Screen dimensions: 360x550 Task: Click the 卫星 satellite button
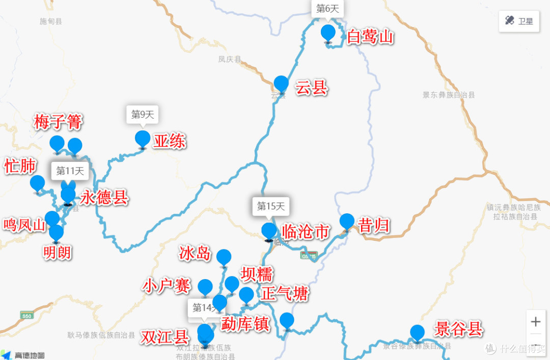[x=519, y=21]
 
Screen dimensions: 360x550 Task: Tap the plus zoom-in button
[x=535, y=322]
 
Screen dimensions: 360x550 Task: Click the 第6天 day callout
[x=327, y=9]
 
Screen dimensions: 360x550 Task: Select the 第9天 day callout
[x=142, y=114]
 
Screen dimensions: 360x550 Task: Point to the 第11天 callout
[x=70, y=171]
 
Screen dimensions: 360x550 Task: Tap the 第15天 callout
[x=270, y=206]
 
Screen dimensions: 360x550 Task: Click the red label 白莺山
[x=370, y=37]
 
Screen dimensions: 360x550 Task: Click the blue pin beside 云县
[x=281, y=83]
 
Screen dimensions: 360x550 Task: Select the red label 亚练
[x=170, y=141]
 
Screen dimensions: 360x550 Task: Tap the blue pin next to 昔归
[x=347, y=221]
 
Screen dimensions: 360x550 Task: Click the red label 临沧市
[x=305, y=232]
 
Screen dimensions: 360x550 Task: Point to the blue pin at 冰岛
[x=224, y=257]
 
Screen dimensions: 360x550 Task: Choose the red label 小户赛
[x=167, y=286]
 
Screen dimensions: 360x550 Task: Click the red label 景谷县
[x=458, y=329]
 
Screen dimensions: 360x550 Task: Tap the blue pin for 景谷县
[x=417, y=333]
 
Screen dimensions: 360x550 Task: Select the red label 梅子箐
[x=58, y=122]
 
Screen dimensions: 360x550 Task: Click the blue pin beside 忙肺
[x=37, y=183]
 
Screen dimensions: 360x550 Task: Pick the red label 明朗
[x=57, y=252]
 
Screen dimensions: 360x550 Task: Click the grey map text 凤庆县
[x=230, y=60]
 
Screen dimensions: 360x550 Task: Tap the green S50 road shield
[x=26, y=316]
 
